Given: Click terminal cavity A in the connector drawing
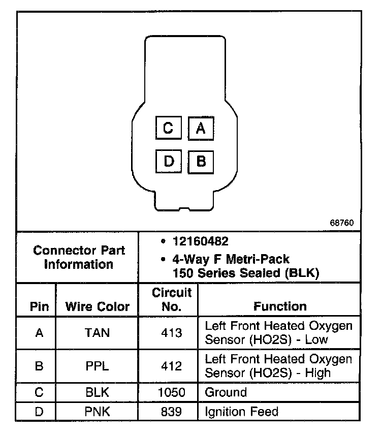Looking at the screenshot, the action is pyautogui.click(x=201, y=128).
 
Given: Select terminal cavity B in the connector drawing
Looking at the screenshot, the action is pyautogui.click(x=201, y=162).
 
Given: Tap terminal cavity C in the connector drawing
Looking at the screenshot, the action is pyautogui.click(x=168, y=128).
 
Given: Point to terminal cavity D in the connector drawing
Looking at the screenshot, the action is pyautogui.click(x=168, y=162).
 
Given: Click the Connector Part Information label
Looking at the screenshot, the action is pyautogui.click(x=78, y=257).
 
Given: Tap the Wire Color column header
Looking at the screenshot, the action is pyautogui.click(x=97, y=307).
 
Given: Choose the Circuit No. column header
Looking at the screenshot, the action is pyautogui.click(x=172, y=299).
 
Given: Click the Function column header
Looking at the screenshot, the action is pyautogui.click(x=280, y=306).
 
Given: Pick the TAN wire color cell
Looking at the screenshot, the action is pyautogui.click(x=97, y=333).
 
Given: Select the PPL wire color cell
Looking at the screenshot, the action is pyautogui.click(x=97, y=366).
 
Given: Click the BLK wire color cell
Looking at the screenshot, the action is pyautogui.click(x=97, y=393).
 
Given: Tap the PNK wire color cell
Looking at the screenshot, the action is pyautogui.click(x=97, y=411).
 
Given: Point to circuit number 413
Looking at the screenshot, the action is pyautogui.click(x=171, y=333).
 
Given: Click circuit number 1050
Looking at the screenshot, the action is pyautogui.click(x=171, y=393).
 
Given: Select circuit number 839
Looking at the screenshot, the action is pyautogui.click(x=171, y=411).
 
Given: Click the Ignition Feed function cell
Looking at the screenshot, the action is pyautogui.click(x=241, y=411).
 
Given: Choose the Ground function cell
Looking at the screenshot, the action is pyautogui.click(x=226, y=393).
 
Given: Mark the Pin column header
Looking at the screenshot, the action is pyautogui.click(x=39, y=307).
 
